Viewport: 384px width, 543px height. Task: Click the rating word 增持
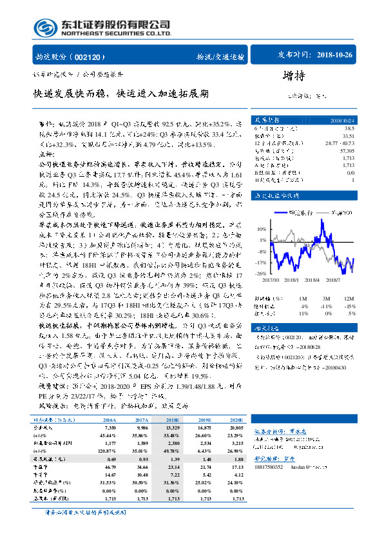[293, 76]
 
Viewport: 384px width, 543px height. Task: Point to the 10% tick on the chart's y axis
[261, 228]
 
